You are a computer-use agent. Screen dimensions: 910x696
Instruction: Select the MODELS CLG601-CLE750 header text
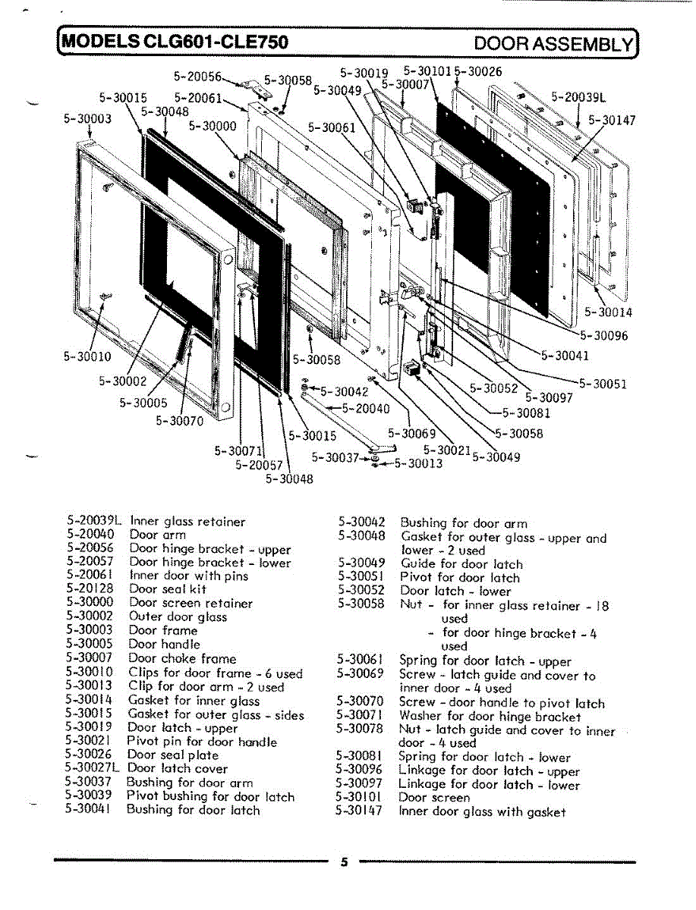pos(175,42)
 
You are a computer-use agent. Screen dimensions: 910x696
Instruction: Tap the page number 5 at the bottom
pos(343,861)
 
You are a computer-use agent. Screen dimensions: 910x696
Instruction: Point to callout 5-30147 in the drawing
pos(612,120)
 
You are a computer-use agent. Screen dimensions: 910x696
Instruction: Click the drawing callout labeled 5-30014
pos(609,312)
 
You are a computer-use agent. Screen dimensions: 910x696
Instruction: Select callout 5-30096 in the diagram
pos(604,335)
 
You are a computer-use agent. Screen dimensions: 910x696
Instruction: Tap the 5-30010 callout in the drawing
pos(87,356)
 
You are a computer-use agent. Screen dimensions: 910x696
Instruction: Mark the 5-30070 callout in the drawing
pos(180,421)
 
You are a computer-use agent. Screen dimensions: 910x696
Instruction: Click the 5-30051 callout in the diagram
pos(603,384)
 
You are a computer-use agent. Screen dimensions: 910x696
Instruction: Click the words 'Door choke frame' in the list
pos(182,659)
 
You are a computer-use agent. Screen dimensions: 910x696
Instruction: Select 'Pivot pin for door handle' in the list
pos(201,742)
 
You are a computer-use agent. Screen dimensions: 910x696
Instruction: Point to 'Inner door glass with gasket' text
pos(482,811)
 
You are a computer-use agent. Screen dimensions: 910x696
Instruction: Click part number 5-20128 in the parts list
pos(90,589)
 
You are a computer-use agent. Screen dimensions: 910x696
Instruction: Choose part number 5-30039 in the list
pos(90,796)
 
